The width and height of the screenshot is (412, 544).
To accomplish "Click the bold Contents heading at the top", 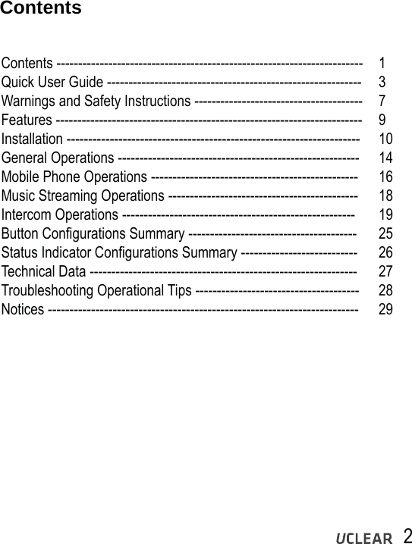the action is coord(40,9).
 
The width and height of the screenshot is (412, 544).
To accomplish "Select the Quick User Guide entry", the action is coord(53,82).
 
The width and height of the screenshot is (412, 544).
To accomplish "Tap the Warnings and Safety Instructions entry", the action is coord(96,101).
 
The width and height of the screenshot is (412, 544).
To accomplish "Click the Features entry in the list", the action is coord(27,120).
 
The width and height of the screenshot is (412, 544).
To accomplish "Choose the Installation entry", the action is coord(33,139).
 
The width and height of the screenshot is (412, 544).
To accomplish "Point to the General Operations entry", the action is coord(58,158).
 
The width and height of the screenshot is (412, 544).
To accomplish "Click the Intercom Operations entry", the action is coord(59,214).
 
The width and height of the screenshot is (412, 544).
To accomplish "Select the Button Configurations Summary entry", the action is coord(93,233).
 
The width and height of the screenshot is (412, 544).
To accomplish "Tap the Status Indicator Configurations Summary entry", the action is coord(120,252).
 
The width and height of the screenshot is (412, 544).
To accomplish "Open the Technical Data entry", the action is coord(44,271).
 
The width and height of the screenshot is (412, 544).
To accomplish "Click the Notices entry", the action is coord(23,309).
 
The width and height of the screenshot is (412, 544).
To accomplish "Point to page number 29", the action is coord(385,309).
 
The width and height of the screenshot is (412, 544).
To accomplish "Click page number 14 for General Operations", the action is coord(385,158).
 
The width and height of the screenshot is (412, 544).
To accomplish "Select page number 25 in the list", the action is coord(385,233).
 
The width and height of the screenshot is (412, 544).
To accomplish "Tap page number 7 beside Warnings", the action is coord(382,101).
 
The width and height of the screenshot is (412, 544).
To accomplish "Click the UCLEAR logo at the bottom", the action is coord(364,538).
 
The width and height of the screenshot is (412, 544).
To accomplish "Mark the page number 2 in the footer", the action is coord(407,535).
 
